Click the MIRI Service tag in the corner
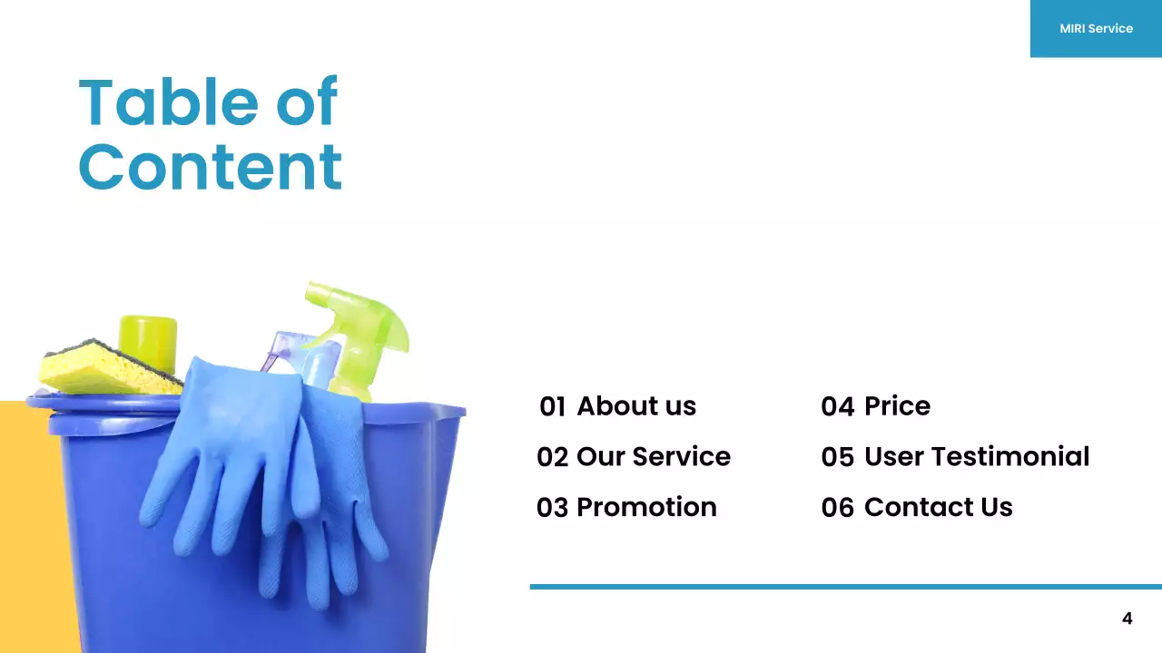click(x=1096, y=28)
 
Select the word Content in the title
click(x=210, y=167)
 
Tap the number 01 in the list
click(x=552, y=406)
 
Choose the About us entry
click(x=636, y=406)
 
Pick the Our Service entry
click(x=653, y=456)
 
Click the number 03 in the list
click(x=552, y=507)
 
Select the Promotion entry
click(x=646, y=507)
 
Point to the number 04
click(x=837, y=406)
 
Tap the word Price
click(x=897, y=406)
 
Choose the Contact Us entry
click(x=938, y=507)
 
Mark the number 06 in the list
click(x=837, y=507)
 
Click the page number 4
click(x=1128, y=619)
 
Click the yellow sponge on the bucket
click(x=104, y=369)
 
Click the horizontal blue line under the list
click(x=844, y=587)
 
